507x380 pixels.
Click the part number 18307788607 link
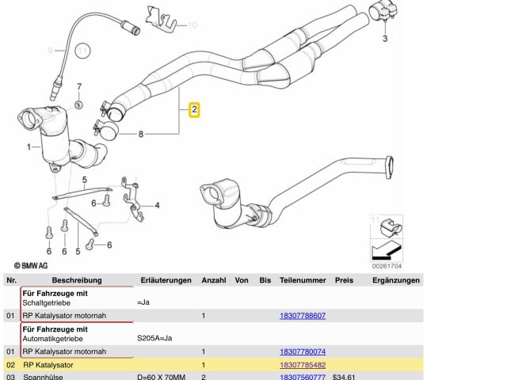point(303,316)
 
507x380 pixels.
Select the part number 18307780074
point(303,351)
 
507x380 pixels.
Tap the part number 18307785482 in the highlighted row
point(303,365)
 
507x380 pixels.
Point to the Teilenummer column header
point(303,280)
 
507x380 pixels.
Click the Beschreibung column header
point(77,280)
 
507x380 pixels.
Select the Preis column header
point(344,280)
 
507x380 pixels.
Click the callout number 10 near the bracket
point(192,25)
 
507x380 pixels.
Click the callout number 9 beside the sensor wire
point(49,51)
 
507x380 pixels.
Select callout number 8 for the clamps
point(141,135)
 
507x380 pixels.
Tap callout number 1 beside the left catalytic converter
point(29,146)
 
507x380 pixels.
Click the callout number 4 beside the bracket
point(157,206)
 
